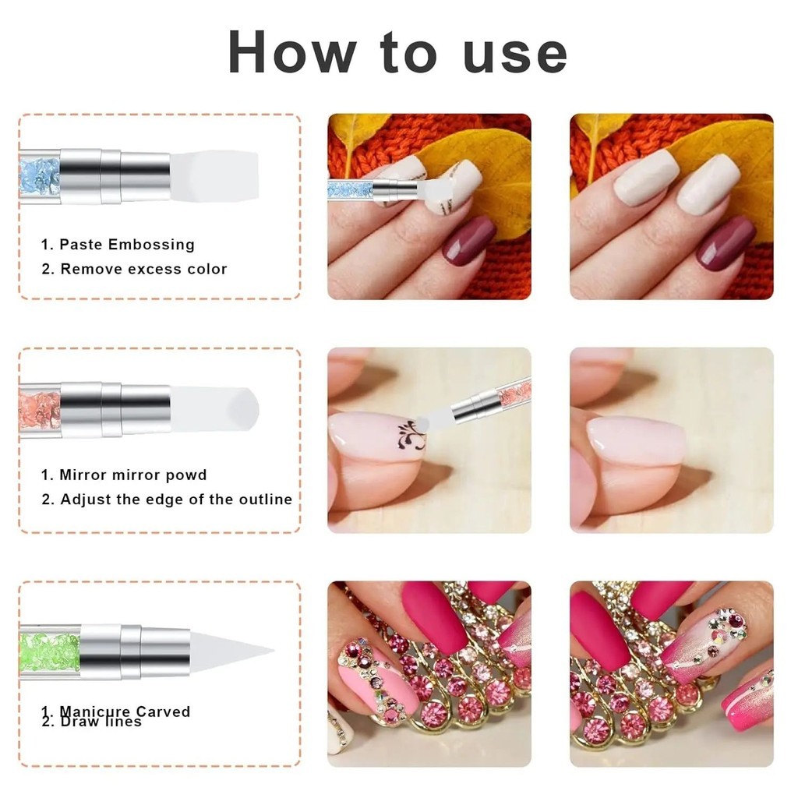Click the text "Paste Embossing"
[127, 244]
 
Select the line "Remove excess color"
[143, 269]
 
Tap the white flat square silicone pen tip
[214, 175]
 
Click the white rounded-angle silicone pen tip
[215, 409]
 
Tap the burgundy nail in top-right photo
[725, 242]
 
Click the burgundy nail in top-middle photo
[469, 241]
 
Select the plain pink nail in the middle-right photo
[635, 441]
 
